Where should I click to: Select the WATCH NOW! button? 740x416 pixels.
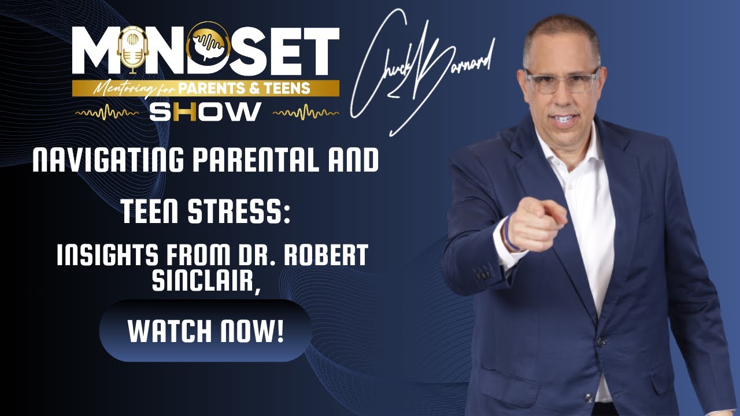(206, 330)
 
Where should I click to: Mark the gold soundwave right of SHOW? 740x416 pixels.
(305, 113)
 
